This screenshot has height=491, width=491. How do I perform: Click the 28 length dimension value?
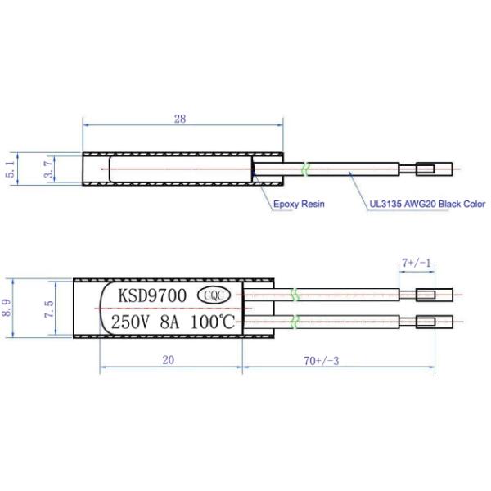[180, 119]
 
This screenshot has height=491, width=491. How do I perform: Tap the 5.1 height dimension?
[11, 169]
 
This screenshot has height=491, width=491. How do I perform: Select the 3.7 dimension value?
[48, 169]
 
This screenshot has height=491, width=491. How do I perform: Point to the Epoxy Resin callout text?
[299, 204]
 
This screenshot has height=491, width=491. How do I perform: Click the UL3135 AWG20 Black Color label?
[427, 204]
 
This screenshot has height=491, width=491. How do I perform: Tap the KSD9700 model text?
[152, 295]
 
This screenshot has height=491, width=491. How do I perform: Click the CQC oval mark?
[214, 295]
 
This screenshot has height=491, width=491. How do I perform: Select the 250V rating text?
[130, 322]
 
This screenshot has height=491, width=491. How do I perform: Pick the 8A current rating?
[169, 322]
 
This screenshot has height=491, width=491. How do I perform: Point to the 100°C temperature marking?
[213, 322]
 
